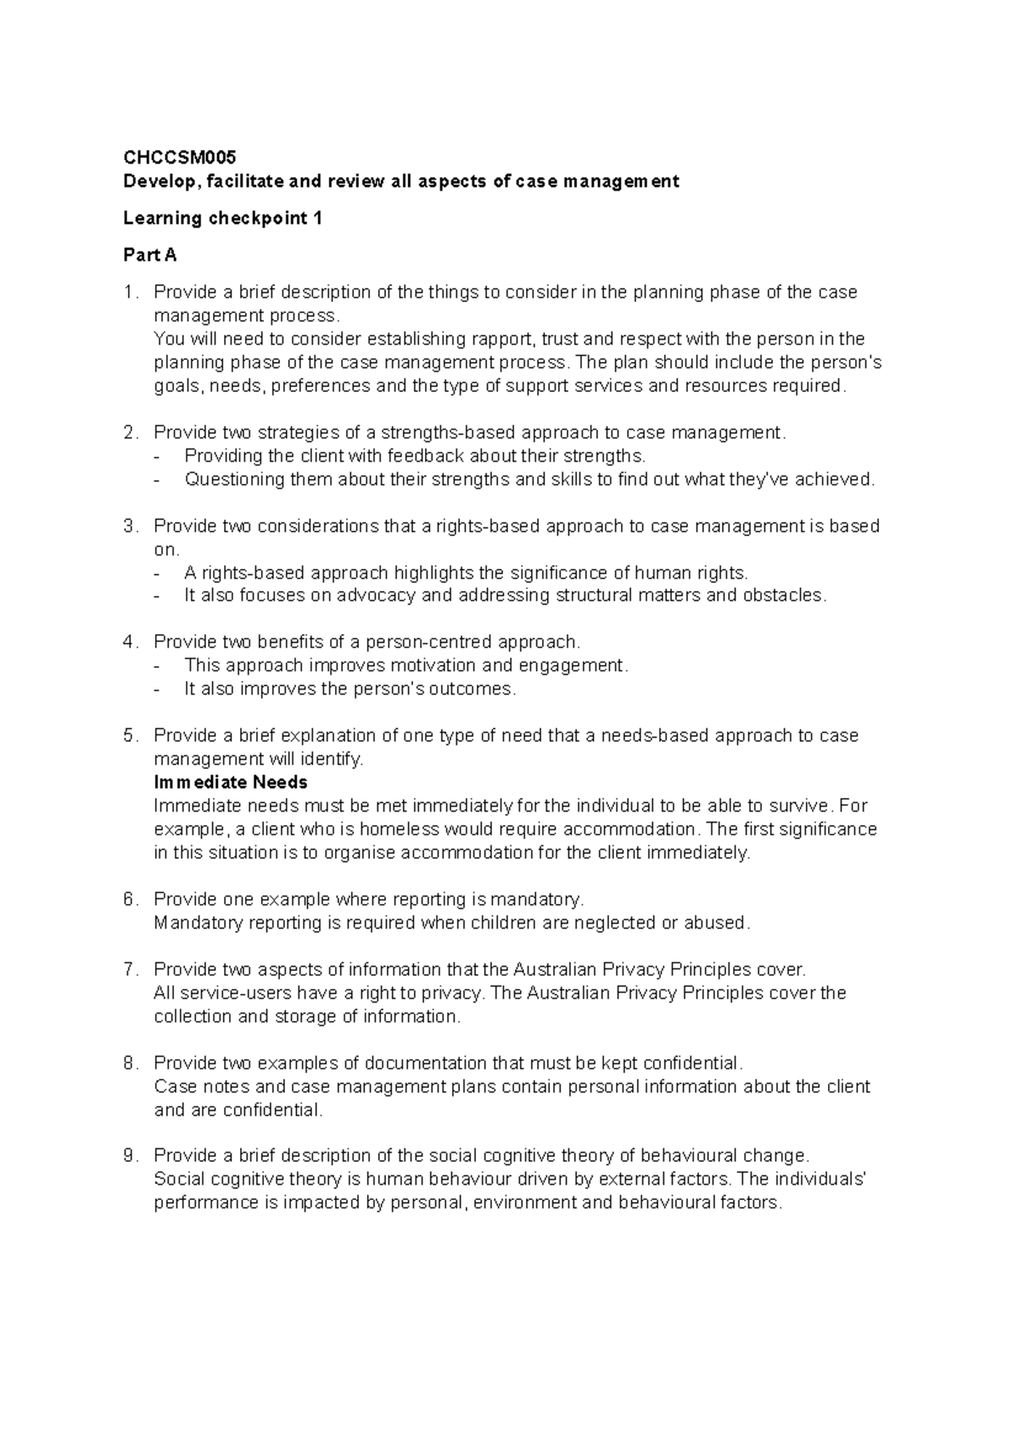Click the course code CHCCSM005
(180, 158)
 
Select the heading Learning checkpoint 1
(222, 218)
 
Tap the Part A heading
(149, 254)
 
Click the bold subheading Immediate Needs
(231, 782)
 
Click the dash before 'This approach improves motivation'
(157, 666)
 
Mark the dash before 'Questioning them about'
(157, 480)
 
